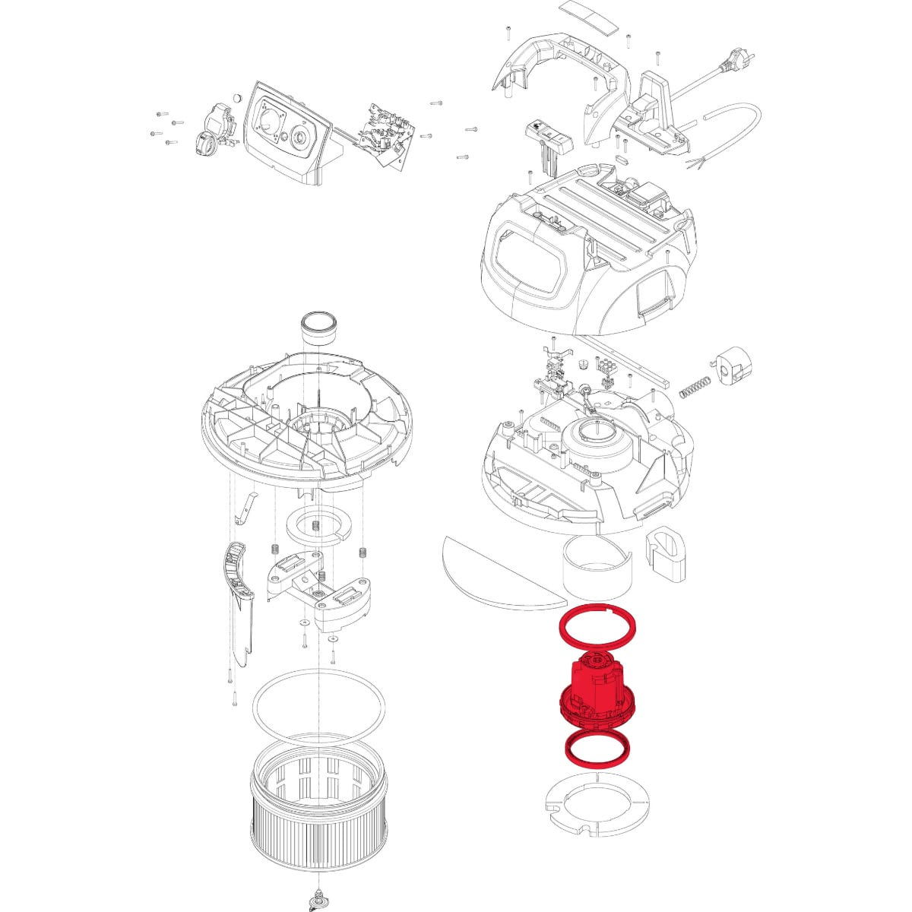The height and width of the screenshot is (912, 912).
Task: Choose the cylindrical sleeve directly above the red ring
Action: pyautogui.click(x=600, y=570)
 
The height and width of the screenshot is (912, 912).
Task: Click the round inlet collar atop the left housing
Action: pyautogui.click(x=320, y=327)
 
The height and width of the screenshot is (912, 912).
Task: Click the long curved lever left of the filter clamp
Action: pyautogui.click(x=240, y=600)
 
